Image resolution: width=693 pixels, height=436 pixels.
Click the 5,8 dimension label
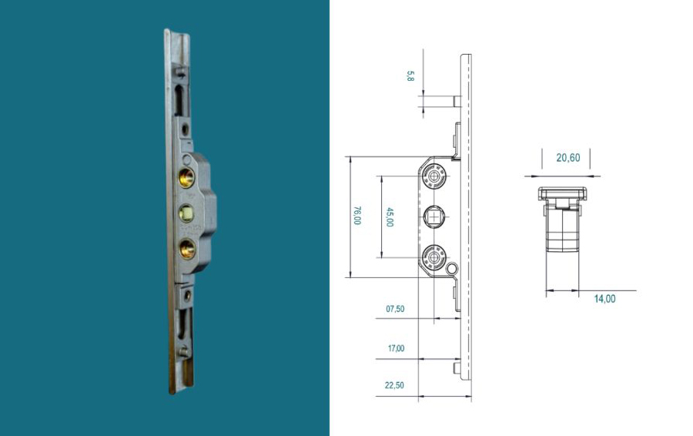410,76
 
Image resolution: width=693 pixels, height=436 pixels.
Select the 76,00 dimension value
357,216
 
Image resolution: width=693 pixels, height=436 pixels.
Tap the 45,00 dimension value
390,216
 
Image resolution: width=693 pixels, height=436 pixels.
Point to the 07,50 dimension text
395,309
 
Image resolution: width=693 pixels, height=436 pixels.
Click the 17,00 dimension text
396,348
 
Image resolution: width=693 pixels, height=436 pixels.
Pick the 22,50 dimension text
394,385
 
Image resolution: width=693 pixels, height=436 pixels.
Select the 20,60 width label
568,158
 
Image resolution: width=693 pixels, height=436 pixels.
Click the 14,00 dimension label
604,299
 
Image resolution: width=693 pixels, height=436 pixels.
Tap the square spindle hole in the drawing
434,216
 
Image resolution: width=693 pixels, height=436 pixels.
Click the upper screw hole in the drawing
434,176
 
